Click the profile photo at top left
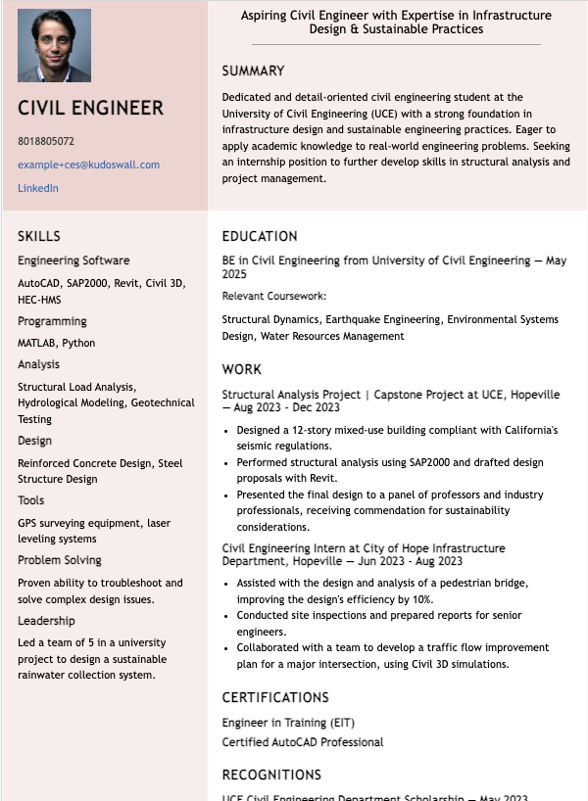(x=54, y=45)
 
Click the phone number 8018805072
(x=46, y=141)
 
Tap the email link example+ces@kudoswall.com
(x=88, y=165)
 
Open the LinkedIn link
(x=38, y=188)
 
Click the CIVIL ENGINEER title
(x=90, y=108)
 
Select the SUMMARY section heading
(x=253, y=71)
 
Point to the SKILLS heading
(x=39, y=236)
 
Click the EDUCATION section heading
(x=260, y=236)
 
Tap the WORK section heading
(x=242, y=369)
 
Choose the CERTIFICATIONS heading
(x=275, y=697)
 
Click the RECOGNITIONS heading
(x=271, y=775)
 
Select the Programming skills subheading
(x=52, y=321)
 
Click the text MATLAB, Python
(x=57, y=343)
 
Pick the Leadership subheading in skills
(x=46, y=621)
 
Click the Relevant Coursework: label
(x=273, y=296)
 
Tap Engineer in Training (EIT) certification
(x=288, y=723)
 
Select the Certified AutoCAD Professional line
(x=303, y=742)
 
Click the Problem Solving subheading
(x=60, y=560)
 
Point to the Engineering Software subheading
(x=73, y=260)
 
